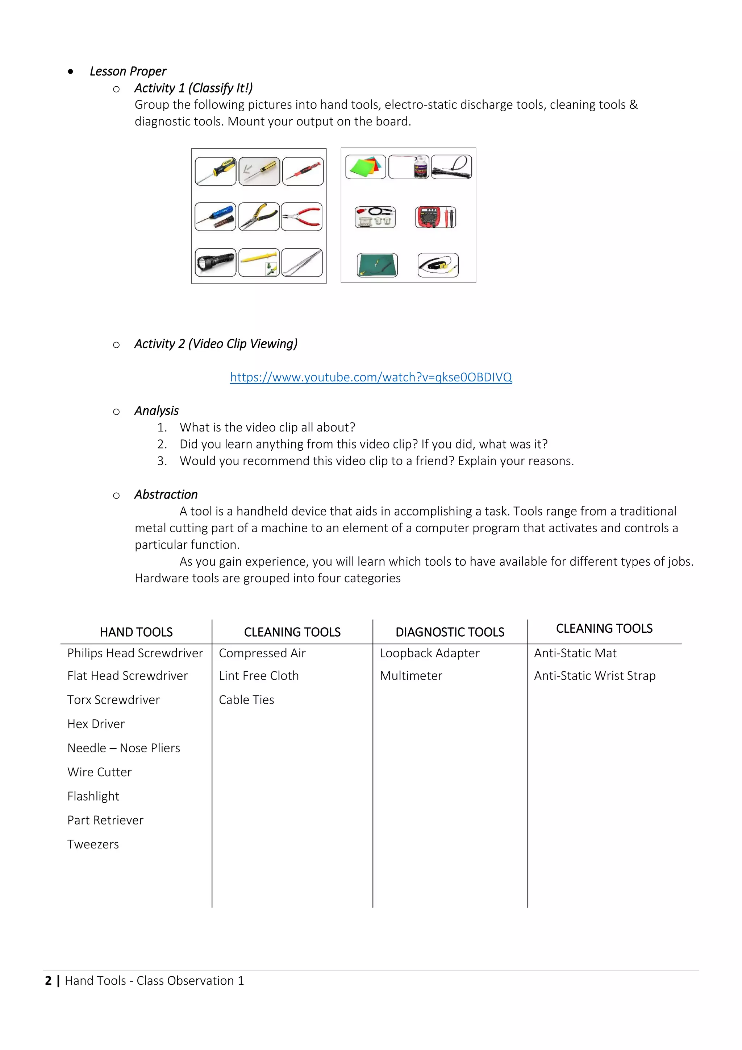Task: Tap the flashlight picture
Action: pos(215,262)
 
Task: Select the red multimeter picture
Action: pos(435,217)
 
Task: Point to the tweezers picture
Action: pos(302,262)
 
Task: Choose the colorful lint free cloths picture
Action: pos(366,166)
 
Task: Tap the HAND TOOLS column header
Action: pos(136,632)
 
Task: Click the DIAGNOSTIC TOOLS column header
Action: pos(450,632)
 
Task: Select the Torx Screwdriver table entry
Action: pos(113,700)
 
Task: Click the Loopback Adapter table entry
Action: pos(429,653)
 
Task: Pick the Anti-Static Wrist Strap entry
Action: pos(595,675)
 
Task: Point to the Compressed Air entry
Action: pos(262,653)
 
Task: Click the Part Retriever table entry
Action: pos(105,820)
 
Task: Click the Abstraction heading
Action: pos(166,494)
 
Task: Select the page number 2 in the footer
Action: pos(48,980)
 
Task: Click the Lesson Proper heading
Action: pos(128,71)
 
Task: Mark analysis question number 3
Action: pos(376,460)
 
